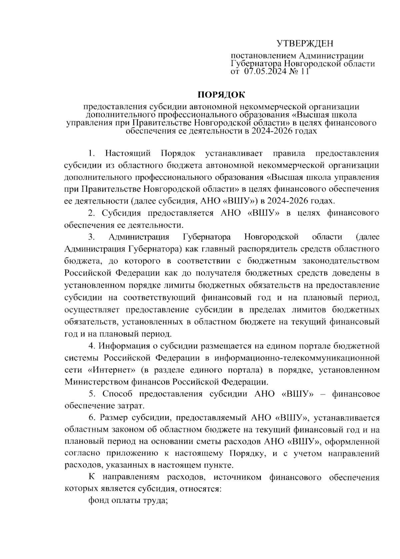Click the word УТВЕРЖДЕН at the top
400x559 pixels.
(305, 44)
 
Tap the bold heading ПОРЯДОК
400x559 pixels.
(221, 95)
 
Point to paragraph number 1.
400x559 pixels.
(91, 153)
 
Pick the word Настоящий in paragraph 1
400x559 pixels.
(128, 153)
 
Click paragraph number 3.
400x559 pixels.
(91, 237)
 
